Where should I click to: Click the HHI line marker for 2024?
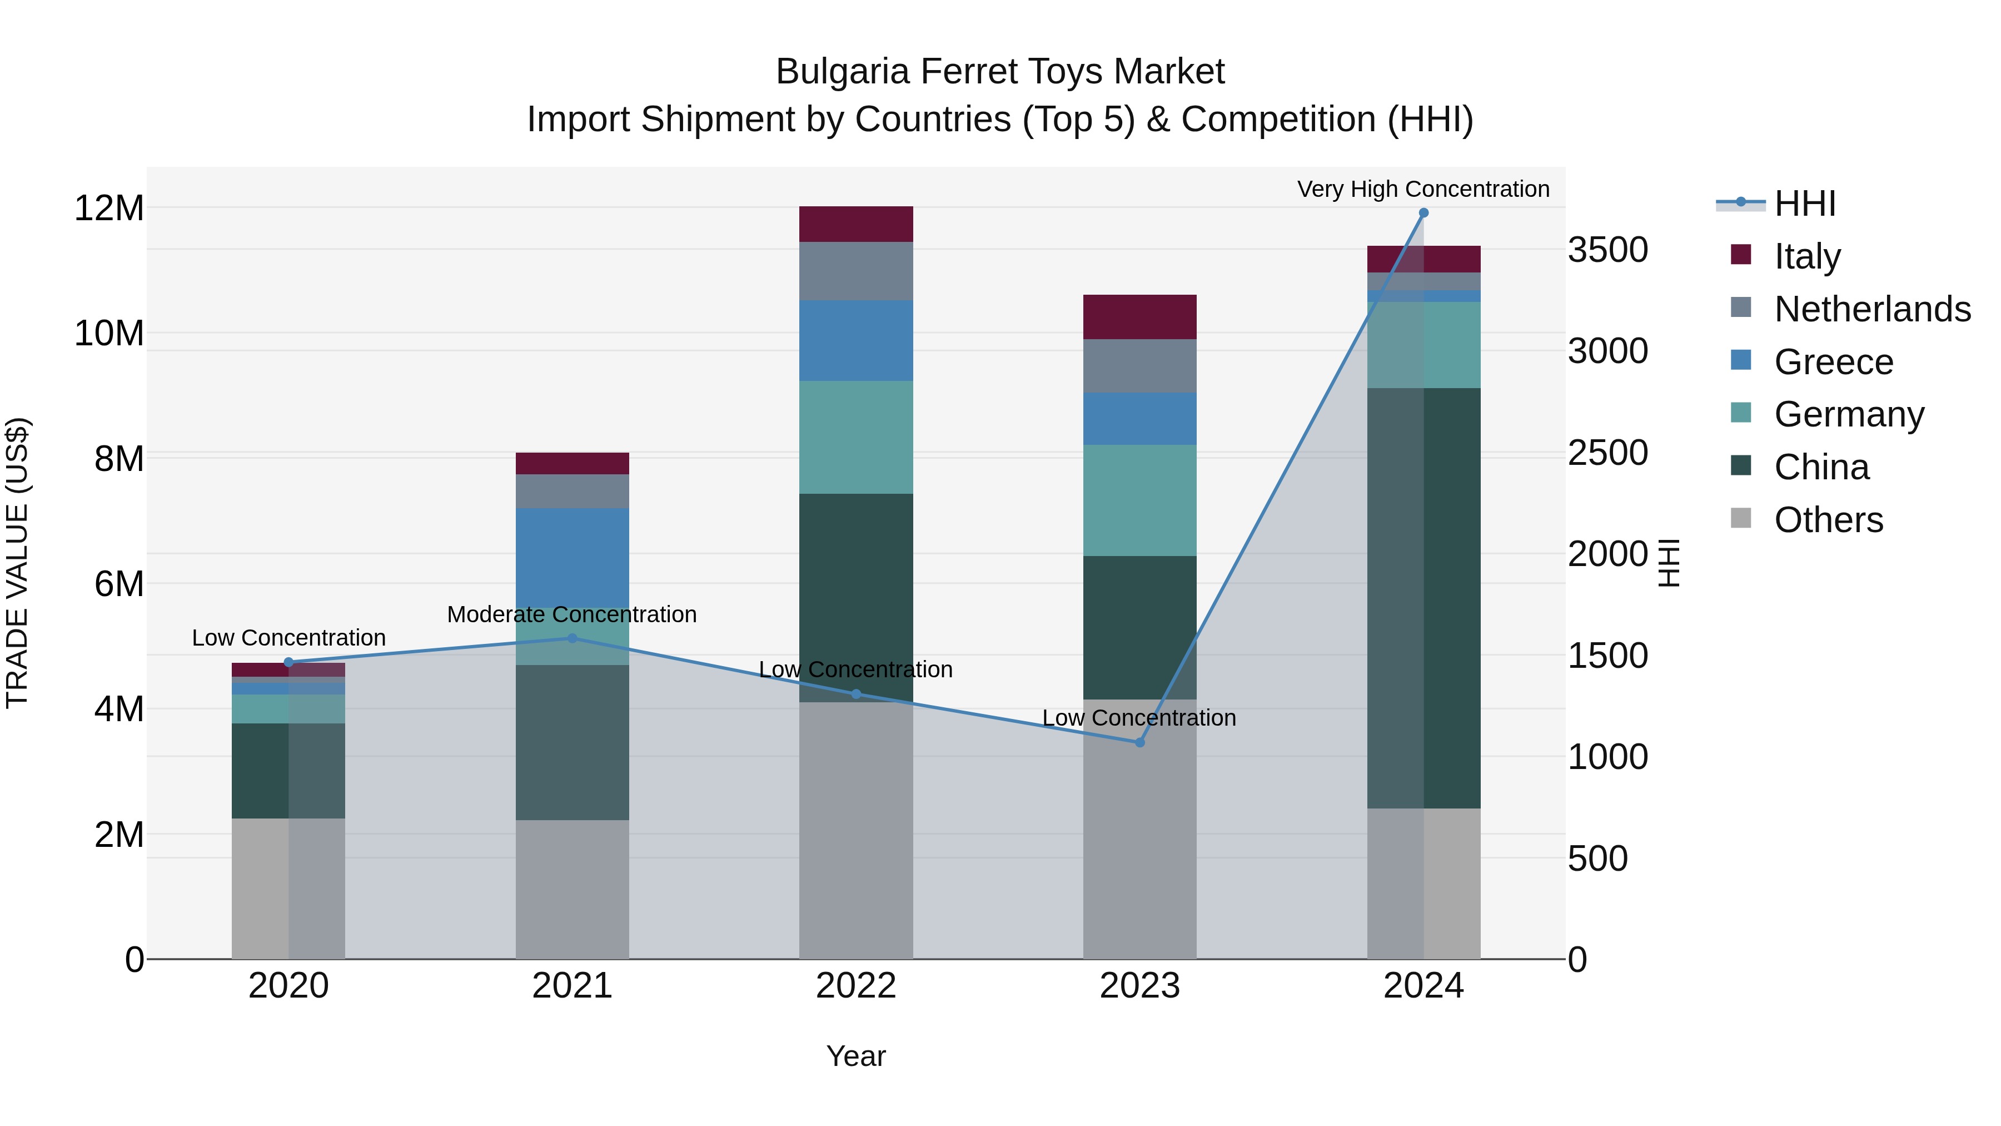(1423, 213)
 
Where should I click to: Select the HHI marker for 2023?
(1139, 742)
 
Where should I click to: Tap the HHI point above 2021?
(573, 638)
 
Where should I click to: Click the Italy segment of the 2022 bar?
(856, 224)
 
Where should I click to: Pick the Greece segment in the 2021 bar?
(573, 557)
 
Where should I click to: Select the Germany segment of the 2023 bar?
(1139, 500)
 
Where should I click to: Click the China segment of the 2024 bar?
(1423, 598)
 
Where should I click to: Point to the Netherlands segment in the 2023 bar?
(1139, 365)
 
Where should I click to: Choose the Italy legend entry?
(1807, 256)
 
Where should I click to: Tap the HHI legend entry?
(1804, 204)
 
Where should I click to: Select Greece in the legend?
(1833, 361)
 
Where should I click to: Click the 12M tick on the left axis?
(109, 209)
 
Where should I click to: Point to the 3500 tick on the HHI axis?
(1607, 250)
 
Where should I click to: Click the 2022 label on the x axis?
(856, 986)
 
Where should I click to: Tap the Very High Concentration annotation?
(1423, 189)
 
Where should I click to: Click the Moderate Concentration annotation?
(572, 614)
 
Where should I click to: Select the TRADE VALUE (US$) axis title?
(17, 563)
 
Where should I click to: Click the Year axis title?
(856, 1056)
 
